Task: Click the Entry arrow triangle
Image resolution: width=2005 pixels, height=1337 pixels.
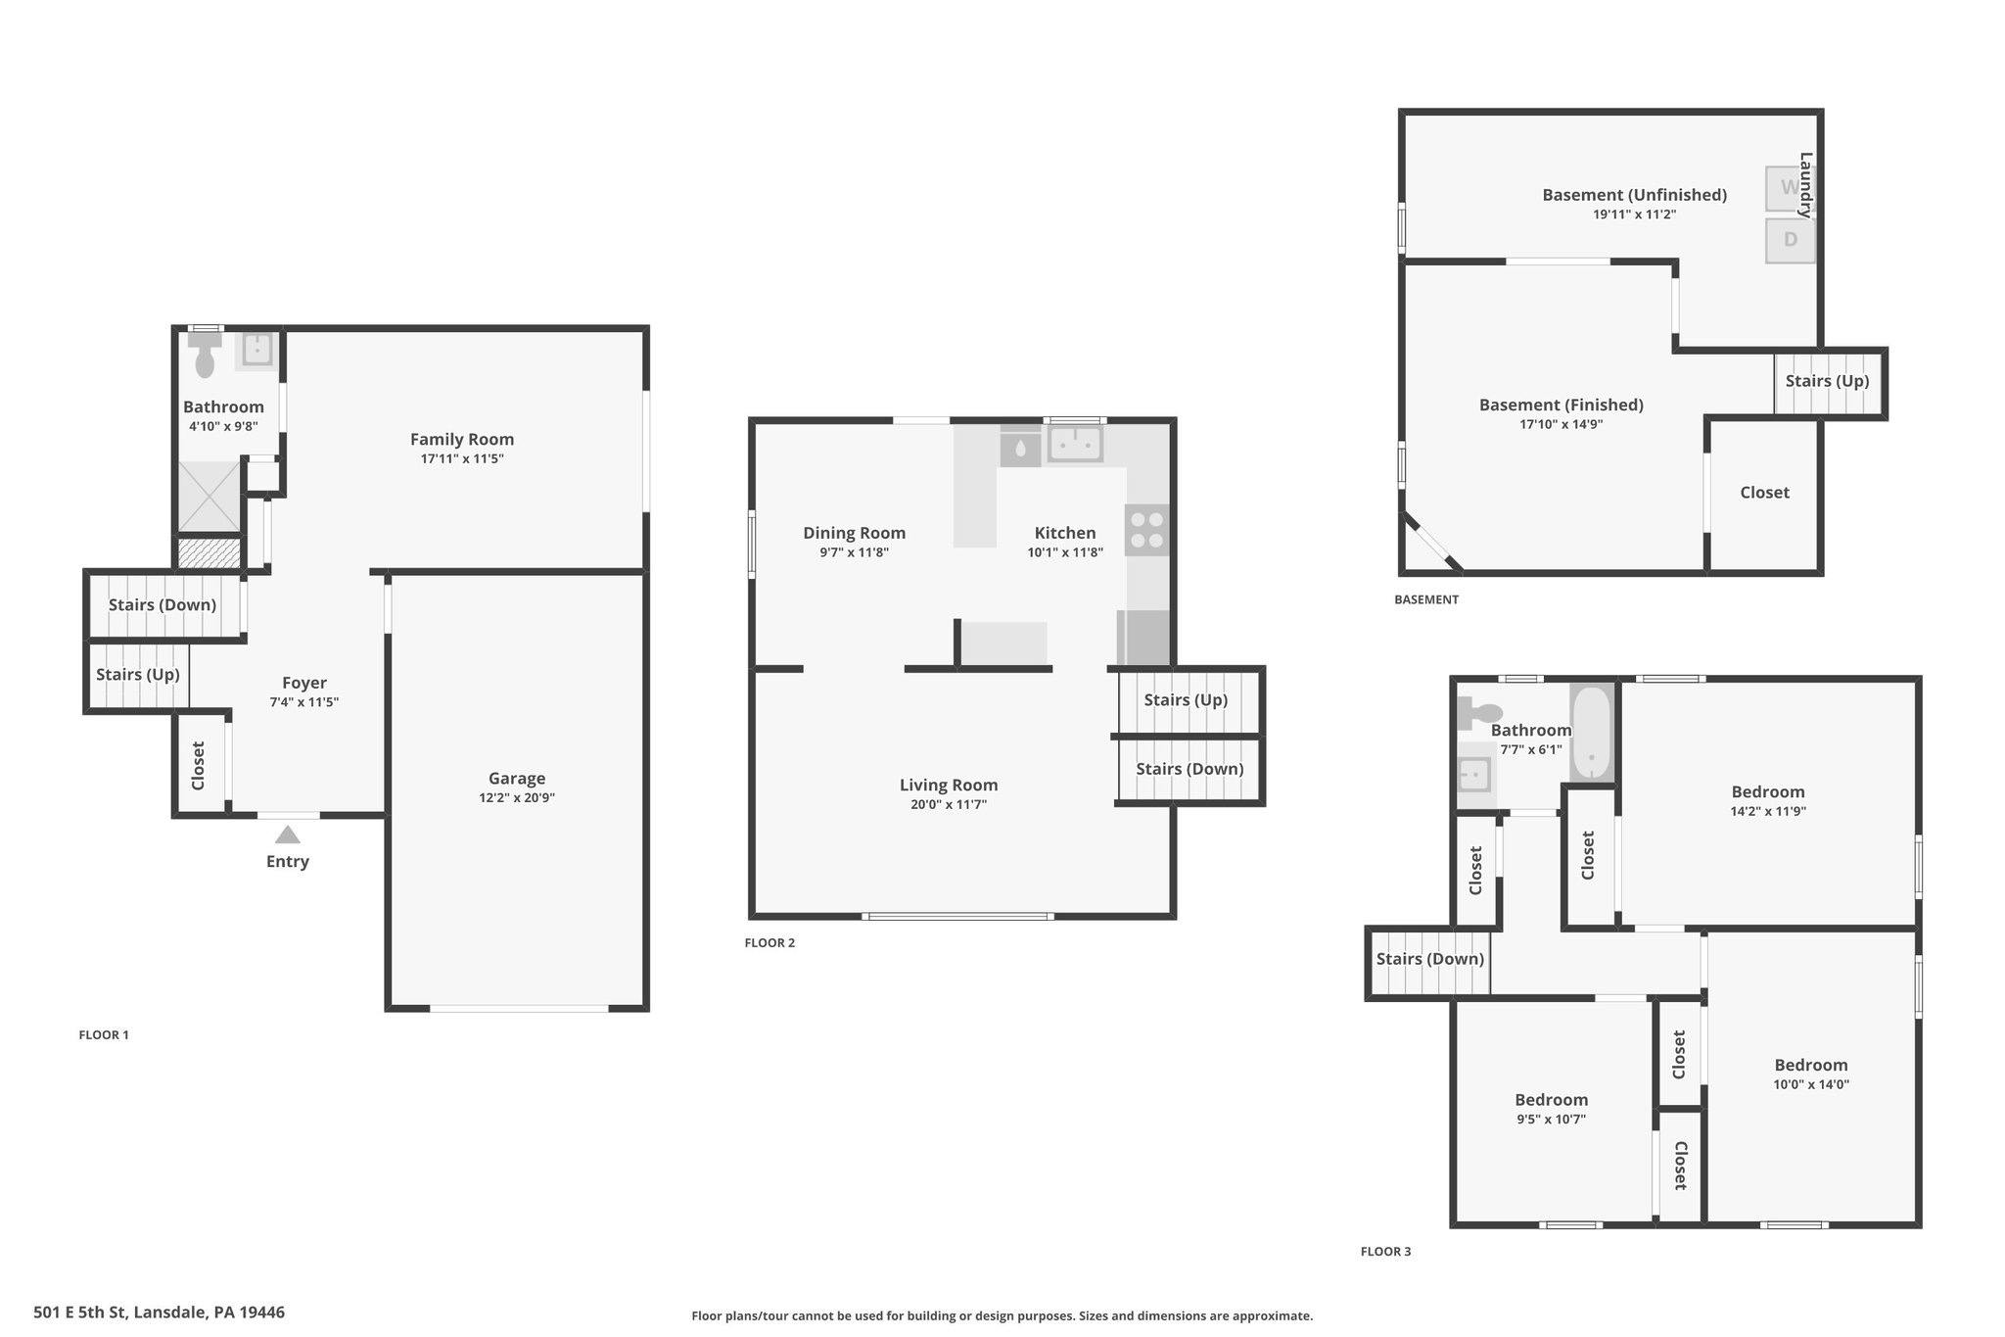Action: coord(287,835)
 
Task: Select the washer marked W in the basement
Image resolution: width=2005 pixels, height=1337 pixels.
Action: coord(1790,188)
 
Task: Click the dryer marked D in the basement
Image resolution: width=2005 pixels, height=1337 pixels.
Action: coord(1790,240)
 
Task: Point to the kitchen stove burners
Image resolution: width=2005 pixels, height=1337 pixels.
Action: coord(1146,530)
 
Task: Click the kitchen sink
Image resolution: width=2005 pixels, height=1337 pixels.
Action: coord(1075,444)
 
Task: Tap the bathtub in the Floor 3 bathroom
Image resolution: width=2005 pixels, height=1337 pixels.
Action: coord(1591,733)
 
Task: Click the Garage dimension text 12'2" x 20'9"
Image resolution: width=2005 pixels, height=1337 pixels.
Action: coord(517,798)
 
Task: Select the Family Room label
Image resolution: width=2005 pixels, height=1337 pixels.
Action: coord(462,440)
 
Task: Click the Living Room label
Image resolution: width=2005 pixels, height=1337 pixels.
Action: coord(949,786)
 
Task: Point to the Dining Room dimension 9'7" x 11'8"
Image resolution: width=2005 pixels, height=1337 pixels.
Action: coord(855,552)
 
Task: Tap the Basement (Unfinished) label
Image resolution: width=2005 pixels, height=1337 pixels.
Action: coord(1634,195)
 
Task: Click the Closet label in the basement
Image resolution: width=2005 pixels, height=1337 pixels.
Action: coord(1764,493)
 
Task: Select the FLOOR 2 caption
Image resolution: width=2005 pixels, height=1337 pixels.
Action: coord(769,943)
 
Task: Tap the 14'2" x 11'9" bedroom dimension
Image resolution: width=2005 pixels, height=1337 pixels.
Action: coord(1768,812)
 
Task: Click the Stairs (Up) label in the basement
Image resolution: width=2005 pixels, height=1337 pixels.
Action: coord(1827,382)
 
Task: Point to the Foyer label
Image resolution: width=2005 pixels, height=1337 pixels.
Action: coord(304,684)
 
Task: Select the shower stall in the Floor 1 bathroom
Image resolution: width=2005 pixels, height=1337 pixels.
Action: coord(209,497)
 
